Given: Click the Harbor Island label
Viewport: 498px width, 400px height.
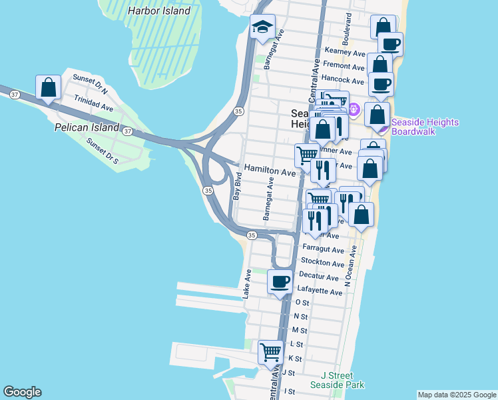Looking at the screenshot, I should [x=159, y=11].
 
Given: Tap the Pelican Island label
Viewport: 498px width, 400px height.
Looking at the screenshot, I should [x=87, y=127].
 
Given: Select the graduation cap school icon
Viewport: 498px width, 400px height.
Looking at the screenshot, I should [x=262, y=27].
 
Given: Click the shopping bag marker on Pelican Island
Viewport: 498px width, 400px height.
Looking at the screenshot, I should [x=49, y=87].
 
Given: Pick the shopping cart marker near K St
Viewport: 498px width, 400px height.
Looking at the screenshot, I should [x=270, y=351].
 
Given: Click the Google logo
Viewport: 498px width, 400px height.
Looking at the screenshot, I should [x=23, y=392].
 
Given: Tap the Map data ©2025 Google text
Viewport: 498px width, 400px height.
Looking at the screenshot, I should [x=456, y=395].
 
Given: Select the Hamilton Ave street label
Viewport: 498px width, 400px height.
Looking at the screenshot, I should [x=269, y=172].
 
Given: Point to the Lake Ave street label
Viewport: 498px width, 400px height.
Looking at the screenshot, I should [x=247, y=283].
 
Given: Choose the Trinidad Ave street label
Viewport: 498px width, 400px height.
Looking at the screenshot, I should [x=93, y=106].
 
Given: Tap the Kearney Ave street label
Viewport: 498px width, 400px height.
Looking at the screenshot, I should [x=345, y=52].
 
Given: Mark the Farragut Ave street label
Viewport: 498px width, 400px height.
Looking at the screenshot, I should [x=323, y=250].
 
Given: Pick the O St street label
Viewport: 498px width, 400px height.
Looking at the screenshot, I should [x=301, y=303].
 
